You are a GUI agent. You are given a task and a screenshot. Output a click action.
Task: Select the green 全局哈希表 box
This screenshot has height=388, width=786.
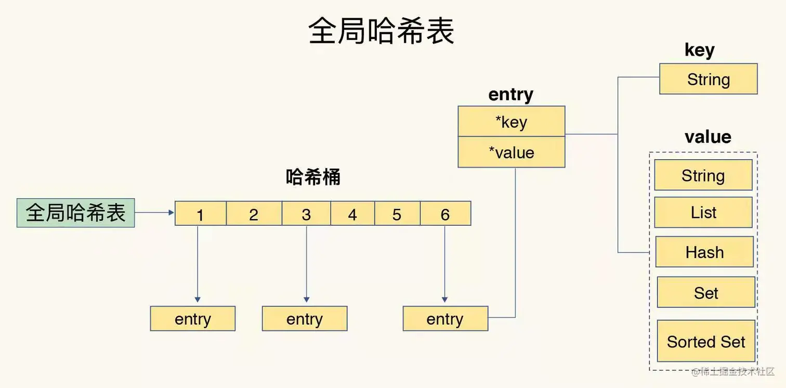pos(76,213)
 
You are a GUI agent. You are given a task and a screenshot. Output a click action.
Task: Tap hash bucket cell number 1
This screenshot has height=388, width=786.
pos(201,214)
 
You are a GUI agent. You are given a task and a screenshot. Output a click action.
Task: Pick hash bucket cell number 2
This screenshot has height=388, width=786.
pos(254,214)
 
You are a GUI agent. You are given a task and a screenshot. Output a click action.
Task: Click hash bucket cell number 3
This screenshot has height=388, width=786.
pos(306,214)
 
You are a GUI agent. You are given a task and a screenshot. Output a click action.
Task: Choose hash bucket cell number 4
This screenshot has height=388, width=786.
pos(352,214)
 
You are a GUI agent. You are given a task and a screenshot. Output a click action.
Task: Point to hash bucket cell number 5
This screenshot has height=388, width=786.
pos(397,214)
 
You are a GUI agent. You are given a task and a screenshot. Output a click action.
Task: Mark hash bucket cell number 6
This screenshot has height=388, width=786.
pos(446,214)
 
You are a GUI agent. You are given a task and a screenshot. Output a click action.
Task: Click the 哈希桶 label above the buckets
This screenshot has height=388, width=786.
pos(313,177)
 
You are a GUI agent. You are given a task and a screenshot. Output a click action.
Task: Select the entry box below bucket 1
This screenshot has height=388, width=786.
pos(193,319)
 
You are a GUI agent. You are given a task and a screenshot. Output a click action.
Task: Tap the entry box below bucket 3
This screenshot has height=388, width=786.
pos(305,319)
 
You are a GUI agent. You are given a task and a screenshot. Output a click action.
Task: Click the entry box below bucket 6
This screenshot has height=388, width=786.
pos(446,319)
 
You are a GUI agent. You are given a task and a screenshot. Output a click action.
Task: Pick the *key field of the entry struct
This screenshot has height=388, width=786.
pos(512,122)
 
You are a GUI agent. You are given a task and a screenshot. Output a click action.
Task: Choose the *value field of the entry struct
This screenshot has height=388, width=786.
pos(512,152)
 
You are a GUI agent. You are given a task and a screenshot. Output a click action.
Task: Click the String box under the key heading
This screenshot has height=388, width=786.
pos(709,79)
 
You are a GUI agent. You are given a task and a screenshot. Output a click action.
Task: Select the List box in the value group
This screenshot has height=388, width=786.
pos(703,212)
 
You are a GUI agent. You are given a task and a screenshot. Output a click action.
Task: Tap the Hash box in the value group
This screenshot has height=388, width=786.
pos(704,252)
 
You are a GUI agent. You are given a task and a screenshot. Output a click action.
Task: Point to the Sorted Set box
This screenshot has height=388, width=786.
pos(706,341)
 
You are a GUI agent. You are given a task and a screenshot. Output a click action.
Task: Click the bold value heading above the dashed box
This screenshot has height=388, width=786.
pos(708,137)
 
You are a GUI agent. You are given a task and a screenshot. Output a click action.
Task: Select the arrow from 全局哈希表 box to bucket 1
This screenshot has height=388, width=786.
pos(154,213)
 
